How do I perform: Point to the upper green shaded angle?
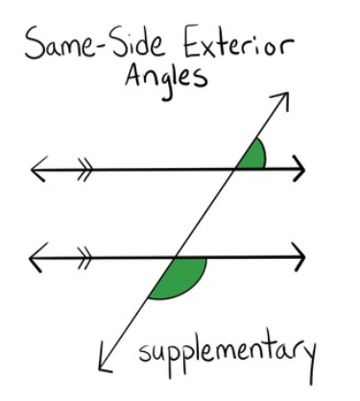252,155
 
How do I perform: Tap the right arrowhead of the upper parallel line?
299,171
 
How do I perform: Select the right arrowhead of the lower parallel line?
299,257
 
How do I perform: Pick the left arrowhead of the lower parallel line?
37,257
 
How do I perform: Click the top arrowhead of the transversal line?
281,98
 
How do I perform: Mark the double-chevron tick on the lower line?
84,257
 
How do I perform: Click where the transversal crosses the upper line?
237,171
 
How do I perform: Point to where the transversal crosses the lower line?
176,257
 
